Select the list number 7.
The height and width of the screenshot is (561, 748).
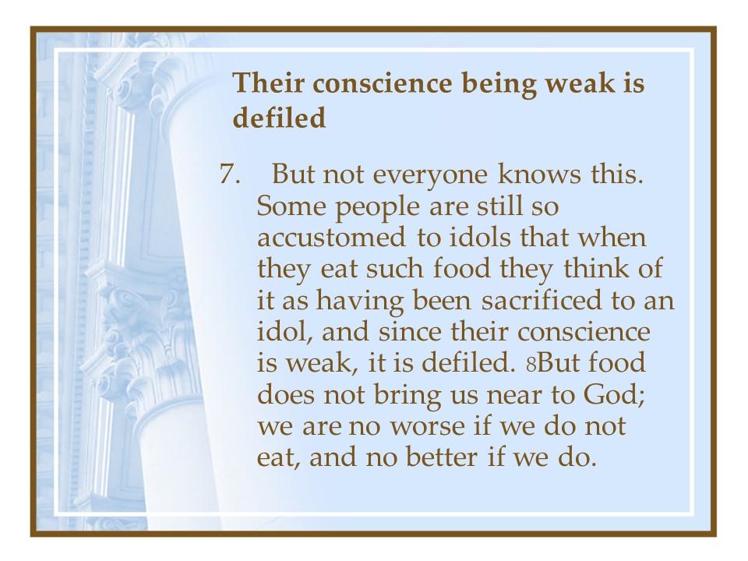[x=230, y=174]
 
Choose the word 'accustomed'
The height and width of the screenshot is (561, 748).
[x=332, y=238]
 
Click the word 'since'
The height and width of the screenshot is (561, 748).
[x=410, y=331]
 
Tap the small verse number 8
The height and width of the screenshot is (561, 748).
[x=531, y=365]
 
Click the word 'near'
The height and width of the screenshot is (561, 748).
[x=513, y=397]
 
